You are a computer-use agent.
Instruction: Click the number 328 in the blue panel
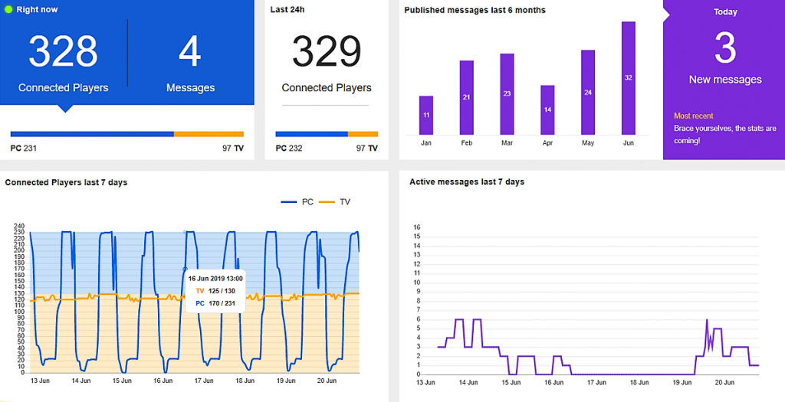pos(63,51)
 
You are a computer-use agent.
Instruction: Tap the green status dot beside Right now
pos(8,10)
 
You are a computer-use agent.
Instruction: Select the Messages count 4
pos(190,51)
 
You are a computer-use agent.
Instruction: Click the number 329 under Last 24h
pos(327,51)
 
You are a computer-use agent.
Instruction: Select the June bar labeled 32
pos(628,78)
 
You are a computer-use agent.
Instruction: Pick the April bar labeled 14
pos(547,109)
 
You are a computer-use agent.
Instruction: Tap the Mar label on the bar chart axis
pos(507,142)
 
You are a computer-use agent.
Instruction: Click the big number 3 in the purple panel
pos(725,47)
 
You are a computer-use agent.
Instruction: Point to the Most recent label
pos(693,116)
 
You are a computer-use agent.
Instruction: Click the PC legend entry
pos(298,202)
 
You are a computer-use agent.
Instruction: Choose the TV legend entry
pos(338,202)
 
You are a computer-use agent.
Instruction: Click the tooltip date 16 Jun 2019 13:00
pos(215,279)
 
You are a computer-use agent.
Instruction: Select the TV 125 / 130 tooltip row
pos(215,291)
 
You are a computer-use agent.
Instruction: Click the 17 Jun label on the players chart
pos(203,381)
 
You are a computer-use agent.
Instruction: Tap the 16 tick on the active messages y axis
pos(417,227)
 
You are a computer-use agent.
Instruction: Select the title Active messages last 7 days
pos(467,182)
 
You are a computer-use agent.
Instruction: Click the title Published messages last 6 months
pos(475,10)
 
